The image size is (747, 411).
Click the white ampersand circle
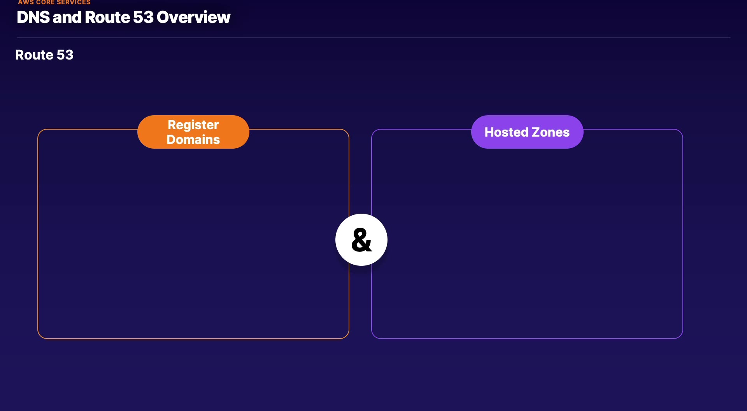pyautogui.click(x=361, y=240)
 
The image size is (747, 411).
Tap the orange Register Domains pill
pyautogui.click(x=193, y=132)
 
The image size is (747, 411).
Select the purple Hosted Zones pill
pyautogui.click(x=527, y=132)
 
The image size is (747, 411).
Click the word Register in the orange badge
pyautogui.click(x=193, y=125)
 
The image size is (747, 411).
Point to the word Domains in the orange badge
pyautogui.click(x=193, y=139)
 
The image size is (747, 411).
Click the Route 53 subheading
pyautogui.click(x=44, y=55)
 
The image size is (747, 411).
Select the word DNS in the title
pyautogui.click(x=33, y=17)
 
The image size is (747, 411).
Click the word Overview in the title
pyautogui.click(x=193, y=17)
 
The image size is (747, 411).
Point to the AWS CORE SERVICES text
pyautogui.click(x=54, y=2)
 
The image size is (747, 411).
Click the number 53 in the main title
pyautogui.click(x=144, y=17)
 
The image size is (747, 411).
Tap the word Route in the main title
pyautogui.click(x=107, y=17)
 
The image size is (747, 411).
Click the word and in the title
pyautogui.click(x=67, y=17)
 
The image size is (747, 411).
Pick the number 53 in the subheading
pyautogui.click(x=65, y=55)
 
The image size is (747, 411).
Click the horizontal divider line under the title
pyautogui.click(x=373, y=37)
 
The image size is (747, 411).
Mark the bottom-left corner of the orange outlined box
pyautogui.click(x=38, y=338)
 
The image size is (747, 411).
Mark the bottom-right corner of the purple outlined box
pyautogui.click(x=682, y=338)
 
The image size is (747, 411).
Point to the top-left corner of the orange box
pyautogui.click(x=38, y=130)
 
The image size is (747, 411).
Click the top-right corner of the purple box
pyautogui.click(x=682, y=130)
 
